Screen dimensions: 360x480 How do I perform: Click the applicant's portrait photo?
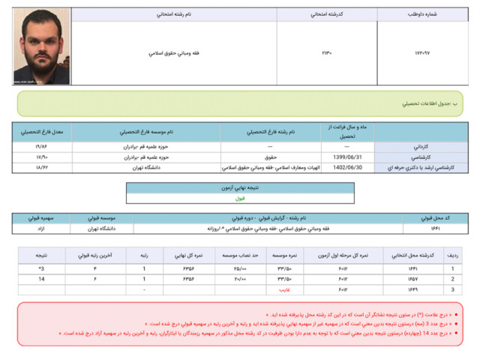(42, 46)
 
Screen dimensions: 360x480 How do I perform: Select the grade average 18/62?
(42, 169)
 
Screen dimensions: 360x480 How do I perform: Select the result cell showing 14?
(41, 278)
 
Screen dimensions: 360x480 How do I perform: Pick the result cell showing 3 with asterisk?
(41, 268)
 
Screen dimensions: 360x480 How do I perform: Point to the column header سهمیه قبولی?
(41, 217)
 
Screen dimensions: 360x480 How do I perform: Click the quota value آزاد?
(41, 228)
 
